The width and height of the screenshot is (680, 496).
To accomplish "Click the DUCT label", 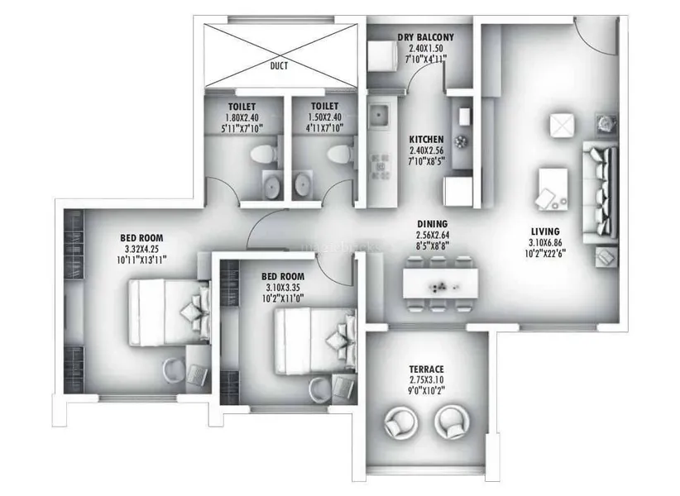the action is (x=279, y=66).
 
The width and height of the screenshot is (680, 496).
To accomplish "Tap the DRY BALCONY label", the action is (x=426, y=37).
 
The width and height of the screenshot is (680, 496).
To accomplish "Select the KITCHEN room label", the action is (x=426, y=140).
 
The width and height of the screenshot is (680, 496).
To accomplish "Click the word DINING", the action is (x=433, y=224).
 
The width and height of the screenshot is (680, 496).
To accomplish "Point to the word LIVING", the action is (x=545, y=231).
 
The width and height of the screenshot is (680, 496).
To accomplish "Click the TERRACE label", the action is (x=427, y=369).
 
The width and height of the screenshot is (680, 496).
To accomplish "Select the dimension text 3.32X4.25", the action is (x=141, y=249).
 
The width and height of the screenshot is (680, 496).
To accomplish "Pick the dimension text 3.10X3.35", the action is (x=283, y=287).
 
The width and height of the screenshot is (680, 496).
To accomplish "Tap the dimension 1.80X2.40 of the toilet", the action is (x=242, y=117).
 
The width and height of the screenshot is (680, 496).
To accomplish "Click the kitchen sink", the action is (x=381, y=115).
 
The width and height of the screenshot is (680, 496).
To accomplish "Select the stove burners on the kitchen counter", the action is (x=381, y=166).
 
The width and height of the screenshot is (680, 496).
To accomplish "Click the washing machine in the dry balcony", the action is (x=382, y=55).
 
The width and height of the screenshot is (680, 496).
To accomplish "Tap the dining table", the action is (x=441, y=284).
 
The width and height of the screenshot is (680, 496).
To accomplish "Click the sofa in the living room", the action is (x=601, y=192).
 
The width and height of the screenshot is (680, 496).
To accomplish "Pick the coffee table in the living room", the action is (x=553, y=189).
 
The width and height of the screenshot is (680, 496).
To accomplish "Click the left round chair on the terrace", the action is (x=401, y=422).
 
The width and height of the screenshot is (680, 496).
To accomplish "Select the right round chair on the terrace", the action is (x=452, y=422).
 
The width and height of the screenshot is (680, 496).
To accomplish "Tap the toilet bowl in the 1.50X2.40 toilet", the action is (x=340, y=155).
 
